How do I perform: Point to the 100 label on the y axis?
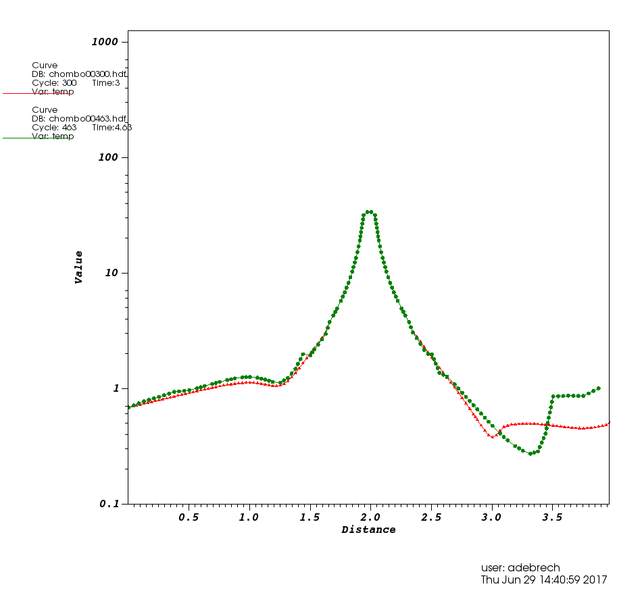[x=108, y=157]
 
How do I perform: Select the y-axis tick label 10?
[x=112, y=273]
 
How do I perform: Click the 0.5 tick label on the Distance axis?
[x=189, y=517]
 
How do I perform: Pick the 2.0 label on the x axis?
[x=370, y=517]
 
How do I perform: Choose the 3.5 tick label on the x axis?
[x=552, y=517]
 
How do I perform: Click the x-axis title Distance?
[x=368, y=530]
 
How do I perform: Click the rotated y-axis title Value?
[x=79, y=267]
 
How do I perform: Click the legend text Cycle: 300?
[x=54, y=83]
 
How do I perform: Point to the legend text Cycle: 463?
[x=54, y=127]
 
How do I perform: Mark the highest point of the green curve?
[x=369, y=212]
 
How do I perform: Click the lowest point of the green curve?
[x=531, y=453]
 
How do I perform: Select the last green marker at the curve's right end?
[x=599, y=388]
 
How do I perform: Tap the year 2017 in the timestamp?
[x=595, y=579]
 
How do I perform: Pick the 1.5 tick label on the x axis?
[x=310, y=517]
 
